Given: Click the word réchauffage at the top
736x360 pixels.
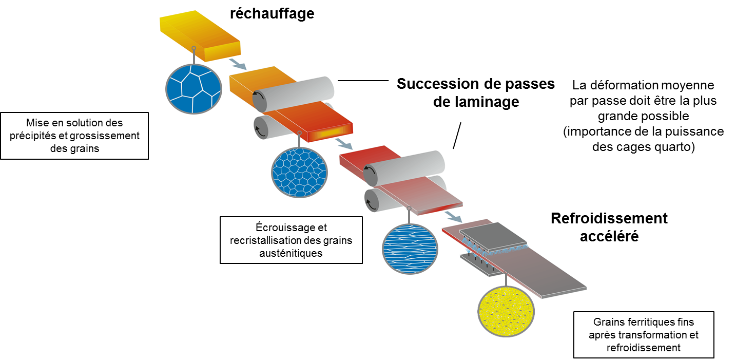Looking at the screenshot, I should tap(272, 13).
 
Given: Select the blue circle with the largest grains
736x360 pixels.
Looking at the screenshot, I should tap(193, 89).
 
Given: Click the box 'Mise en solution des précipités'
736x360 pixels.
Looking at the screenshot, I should tap(74, 136).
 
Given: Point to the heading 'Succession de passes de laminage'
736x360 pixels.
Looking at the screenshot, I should tap(476, 93).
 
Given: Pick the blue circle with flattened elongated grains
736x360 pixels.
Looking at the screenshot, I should tap(410, 249).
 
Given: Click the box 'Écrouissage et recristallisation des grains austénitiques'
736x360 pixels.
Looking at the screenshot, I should tap(291, 240).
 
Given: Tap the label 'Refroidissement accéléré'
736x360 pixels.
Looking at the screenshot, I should tap(609, 226).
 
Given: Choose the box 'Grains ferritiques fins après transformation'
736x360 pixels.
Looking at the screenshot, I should tap(644, 334).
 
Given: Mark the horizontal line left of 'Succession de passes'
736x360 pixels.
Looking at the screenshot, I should tap(363, 81).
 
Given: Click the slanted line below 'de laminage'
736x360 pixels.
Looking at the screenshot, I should tap(457, 136).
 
